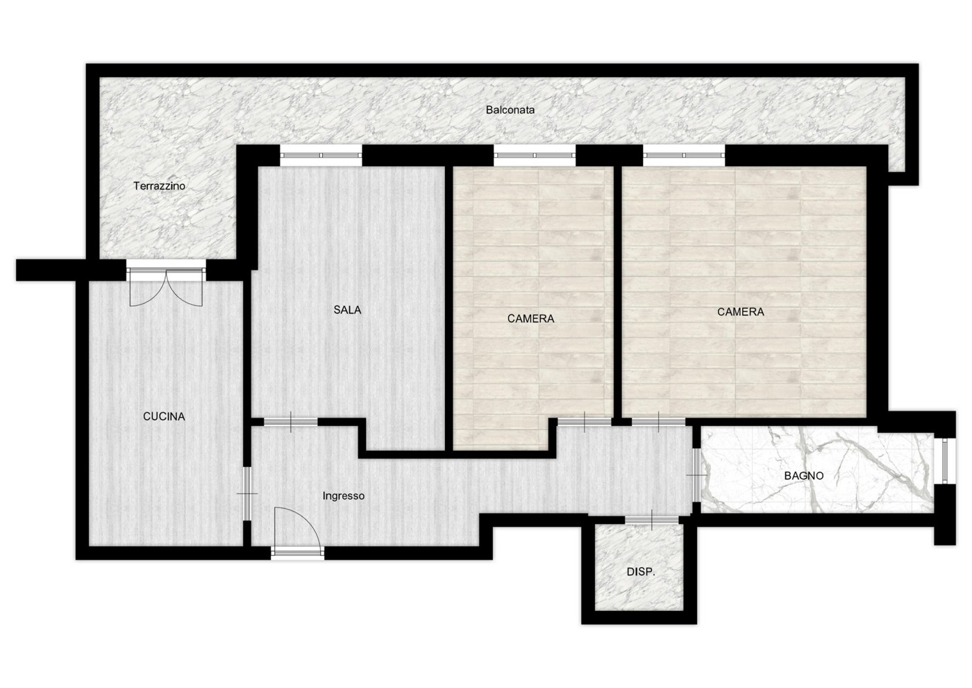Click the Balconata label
510,110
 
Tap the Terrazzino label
159,186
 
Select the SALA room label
347,310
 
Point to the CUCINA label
164,416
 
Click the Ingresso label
343,496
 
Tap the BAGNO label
804,475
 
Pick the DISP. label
641,572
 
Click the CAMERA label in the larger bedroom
740,312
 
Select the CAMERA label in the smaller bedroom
530,319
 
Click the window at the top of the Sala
321,155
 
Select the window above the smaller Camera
535,155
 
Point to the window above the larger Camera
684,155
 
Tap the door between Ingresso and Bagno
696,475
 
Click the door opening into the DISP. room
652,520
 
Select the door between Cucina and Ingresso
247,493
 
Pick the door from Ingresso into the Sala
291,422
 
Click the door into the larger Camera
659,422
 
